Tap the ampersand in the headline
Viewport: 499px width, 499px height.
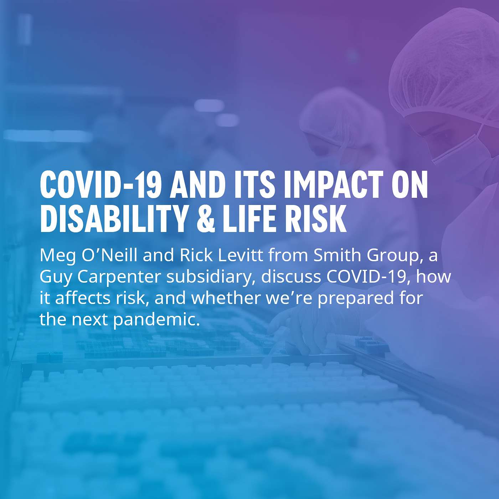click(x=204, y=219)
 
